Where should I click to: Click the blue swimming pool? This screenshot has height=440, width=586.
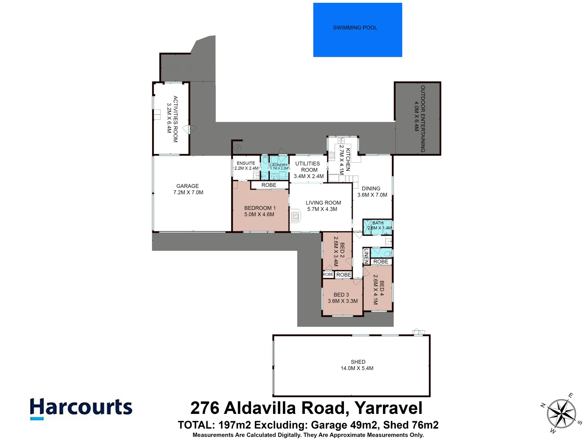click(x=357, y=30)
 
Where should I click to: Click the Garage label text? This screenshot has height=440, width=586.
click(x=188, y=186)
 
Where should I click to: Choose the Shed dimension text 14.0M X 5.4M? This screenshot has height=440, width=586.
click(x=357, y=368)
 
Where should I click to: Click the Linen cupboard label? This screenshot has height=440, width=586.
click(x=366, y=256)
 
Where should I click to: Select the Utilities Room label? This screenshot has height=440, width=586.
click(x=308, y=167)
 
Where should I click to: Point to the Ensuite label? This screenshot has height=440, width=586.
click(x=246, y=163)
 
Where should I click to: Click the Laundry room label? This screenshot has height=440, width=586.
click(x=279, y=165)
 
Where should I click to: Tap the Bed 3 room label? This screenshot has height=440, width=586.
click(x=341, y=295)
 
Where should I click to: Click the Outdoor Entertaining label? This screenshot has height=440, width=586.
click(x=423, y=119)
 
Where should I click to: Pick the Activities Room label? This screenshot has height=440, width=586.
click(x=175, y=119)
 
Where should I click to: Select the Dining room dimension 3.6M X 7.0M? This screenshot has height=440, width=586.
click(x=372, y=195)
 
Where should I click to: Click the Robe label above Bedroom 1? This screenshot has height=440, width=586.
click(x=269, y=185)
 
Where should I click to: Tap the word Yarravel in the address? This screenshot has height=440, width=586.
click(x=388, y=408)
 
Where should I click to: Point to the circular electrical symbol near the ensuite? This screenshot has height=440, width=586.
click(x=237, y=148)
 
